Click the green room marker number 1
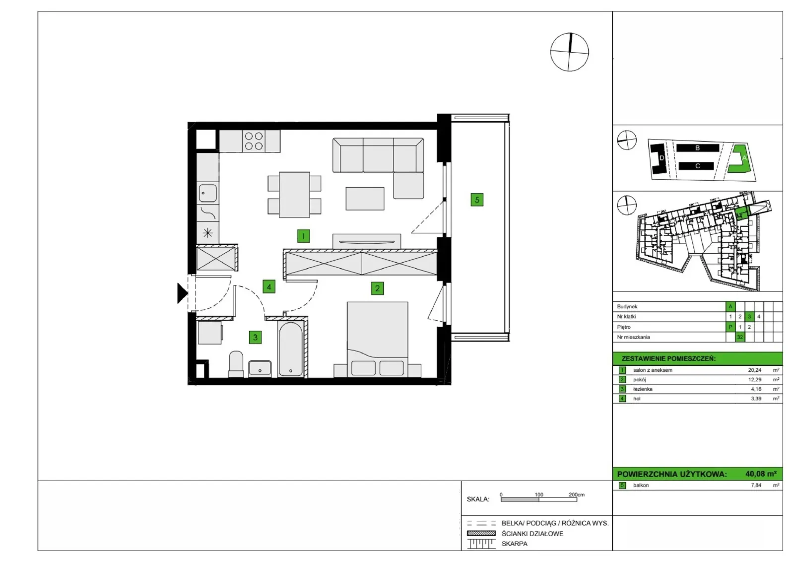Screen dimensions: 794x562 click(x=303, y=236)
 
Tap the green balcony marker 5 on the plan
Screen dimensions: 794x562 click(x=477, y=200)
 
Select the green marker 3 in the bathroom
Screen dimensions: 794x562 click(x=255, y=337)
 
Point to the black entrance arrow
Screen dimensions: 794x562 click(x=182, y=293)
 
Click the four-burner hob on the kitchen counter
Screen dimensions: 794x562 click(x=254, y=141)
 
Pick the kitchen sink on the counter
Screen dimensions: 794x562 click(x=207, y=193)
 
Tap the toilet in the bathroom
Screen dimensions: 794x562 click(x=236, y=364)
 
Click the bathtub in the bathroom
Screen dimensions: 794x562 click(x=291, y=349)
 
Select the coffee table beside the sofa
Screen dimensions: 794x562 click(x=365, y=199)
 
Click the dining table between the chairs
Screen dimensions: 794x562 click(x=294, y=195)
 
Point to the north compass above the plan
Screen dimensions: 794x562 click(x=569, y=52)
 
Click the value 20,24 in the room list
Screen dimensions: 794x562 click(x=755, y=370)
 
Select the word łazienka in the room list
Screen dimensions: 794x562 click(x=643, y=389)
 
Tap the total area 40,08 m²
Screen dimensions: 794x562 click(x=761, y=474)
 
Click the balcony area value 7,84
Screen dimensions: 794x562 click(x=756, y=485)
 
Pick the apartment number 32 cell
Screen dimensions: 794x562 click(x=740, y=337)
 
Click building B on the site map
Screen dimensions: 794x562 click(x=698, y=148)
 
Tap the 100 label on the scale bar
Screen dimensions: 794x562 click(x=539, y=494)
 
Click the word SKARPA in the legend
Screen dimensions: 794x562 click(x=514, y=544)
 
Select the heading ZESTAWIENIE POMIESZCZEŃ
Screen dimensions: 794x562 click(x=668, y=358)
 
